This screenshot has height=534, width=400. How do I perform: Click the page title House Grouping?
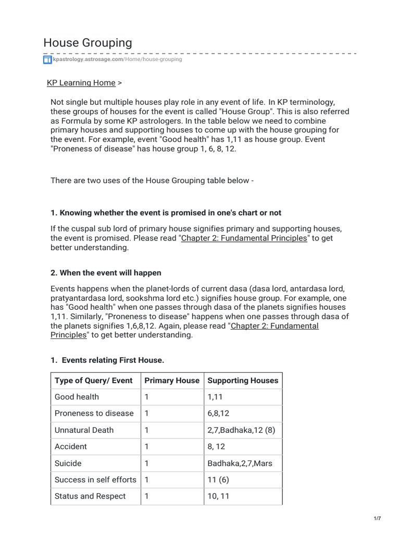[87, 42]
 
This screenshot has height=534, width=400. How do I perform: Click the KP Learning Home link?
[81, 83]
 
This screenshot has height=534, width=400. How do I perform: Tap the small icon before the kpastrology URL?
[47, 60]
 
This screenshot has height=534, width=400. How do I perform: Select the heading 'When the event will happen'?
[106, 273]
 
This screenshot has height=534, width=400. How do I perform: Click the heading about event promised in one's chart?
[166, 213]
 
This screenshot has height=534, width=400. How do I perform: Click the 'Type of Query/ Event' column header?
[94, 380]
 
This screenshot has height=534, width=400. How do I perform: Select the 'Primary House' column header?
[171, 380]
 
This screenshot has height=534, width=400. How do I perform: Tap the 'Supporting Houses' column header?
[243, 380]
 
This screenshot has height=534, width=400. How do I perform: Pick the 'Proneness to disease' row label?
[94, 414]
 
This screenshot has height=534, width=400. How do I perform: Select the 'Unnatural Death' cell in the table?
[84, 430]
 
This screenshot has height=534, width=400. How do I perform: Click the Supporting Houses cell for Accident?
[218, 447]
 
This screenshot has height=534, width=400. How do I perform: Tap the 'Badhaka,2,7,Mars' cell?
[236, 463]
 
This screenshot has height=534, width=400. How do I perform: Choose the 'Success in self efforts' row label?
[95, 480]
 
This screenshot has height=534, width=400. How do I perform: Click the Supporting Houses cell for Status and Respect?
[219, 496]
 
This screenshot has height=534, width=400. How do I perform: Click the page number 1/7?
[377, 518]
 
